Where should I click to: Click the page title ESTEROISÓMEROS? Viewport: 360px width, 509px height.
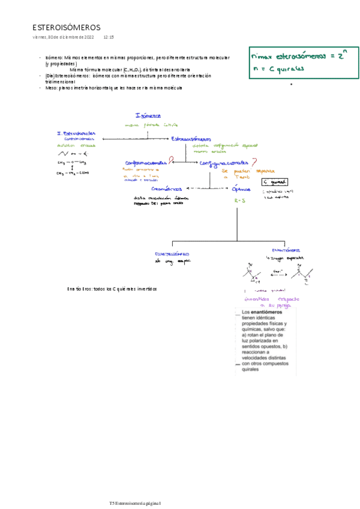pyautogui.click(x=67, y=28)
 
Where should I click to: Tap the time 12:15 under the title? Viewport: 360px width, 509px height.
pyautogui.click(x=109, y=37)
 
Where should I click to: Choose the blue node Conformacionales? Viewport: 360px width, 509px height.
pyautogui.click(x=146, y=163)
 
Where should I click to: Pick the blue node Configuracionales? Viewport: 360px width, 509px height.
pyautogui.click(x=224, y=163)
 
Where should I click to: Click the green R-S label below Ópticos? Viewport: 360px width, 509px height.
pyautogui.click(x=241, y=201)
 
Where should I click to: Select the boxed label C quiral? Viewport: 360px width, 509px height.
pyautogui.click(x=275, y=182)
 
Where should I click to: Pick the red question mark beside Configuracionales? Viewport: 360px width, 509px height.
pyautogui.click(x=256, y=161)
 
